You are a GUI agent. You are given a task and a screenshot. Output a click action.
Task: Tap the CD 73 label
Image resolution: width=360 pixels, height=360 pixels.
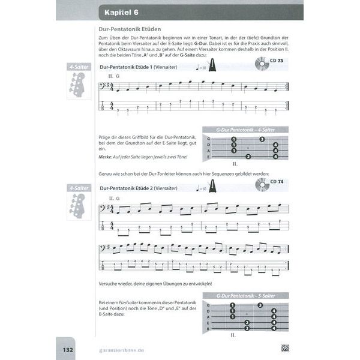(x=277, y=62)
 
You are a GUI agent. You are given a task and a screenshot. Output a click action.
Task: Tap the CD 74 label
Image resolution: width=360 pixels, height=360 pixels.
(x=277, y=182)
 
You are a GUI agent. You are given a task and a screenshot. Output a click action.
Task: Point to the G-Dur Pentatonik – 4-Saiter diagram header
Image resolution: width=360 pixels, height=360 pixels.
(x=244, y=130)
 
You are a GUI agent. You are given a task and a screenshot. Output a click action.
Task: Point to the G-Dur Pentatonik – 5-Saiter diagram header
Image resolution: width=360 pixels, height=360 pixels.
(x=244, y=296)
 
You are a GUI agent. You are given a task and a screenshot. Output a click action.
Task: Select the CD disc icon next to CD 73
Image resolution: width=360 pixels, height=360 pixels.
(x=261, y=64)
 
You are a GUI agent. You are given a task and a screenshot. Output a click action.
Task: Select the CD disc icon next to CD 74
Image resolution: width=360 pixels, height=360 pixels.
(x=261, y=184)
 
